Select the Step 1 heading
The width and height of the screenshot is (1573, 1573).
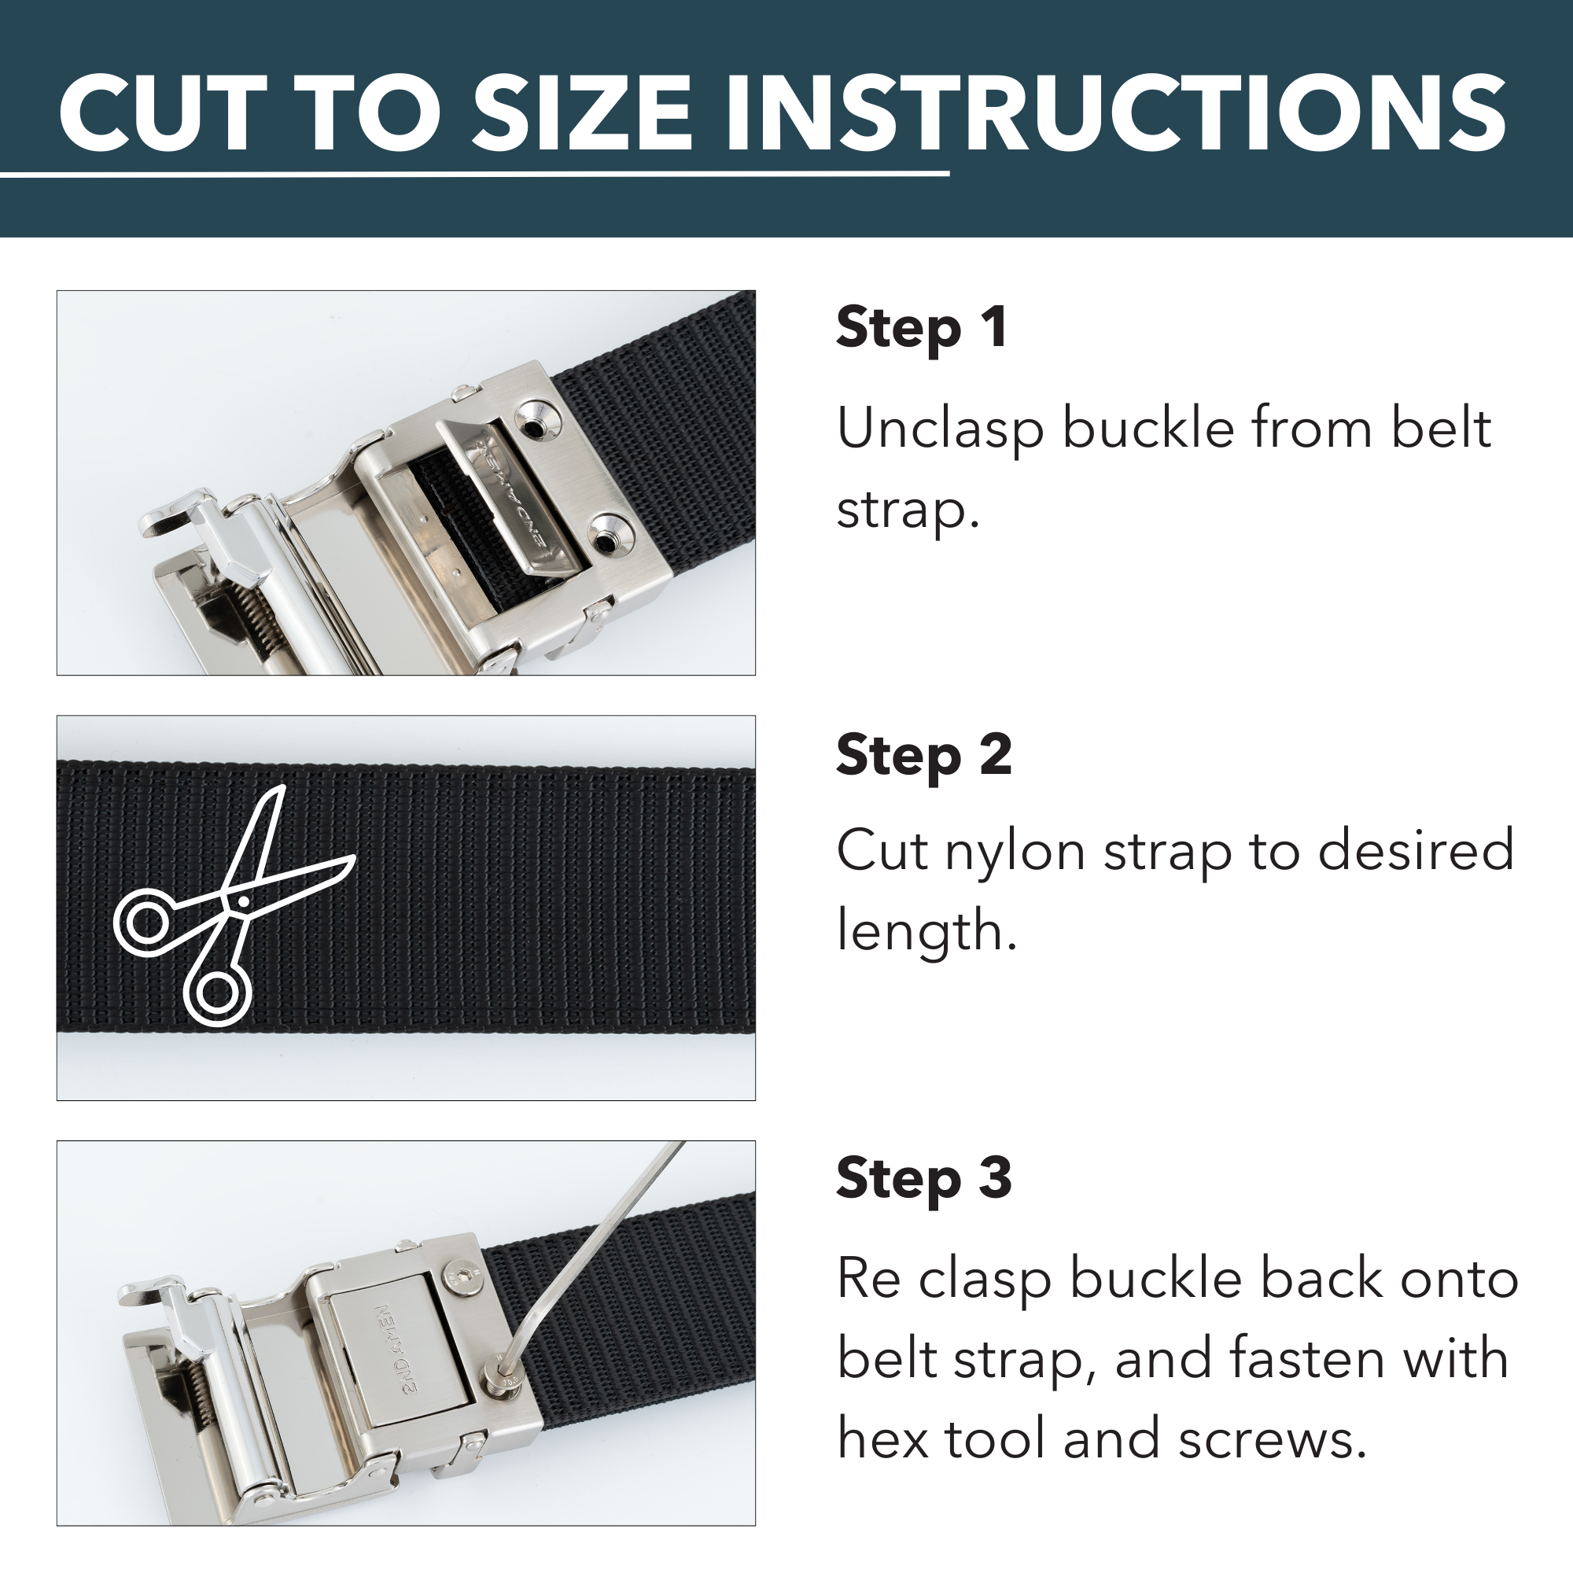(x=922, y=328)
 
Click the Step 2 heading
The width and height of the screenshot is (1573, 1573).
(x=923, y=755)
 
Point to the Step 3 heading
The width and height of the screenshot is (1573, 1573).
(x=923, y=1178)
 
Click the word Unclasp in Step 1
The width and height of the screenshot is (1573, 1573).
(x=940, y=430)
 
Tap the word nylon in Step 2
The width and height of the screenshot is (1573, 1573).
(x=1015, y=852)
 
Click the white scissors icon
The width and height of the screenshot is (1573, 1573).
(x=228, y=908)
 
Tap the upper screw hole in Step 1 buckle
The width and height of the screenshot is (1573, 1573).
(x=535, y=424)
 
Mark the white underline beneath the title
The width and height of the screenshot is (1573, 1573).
(x=472, y=173)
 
